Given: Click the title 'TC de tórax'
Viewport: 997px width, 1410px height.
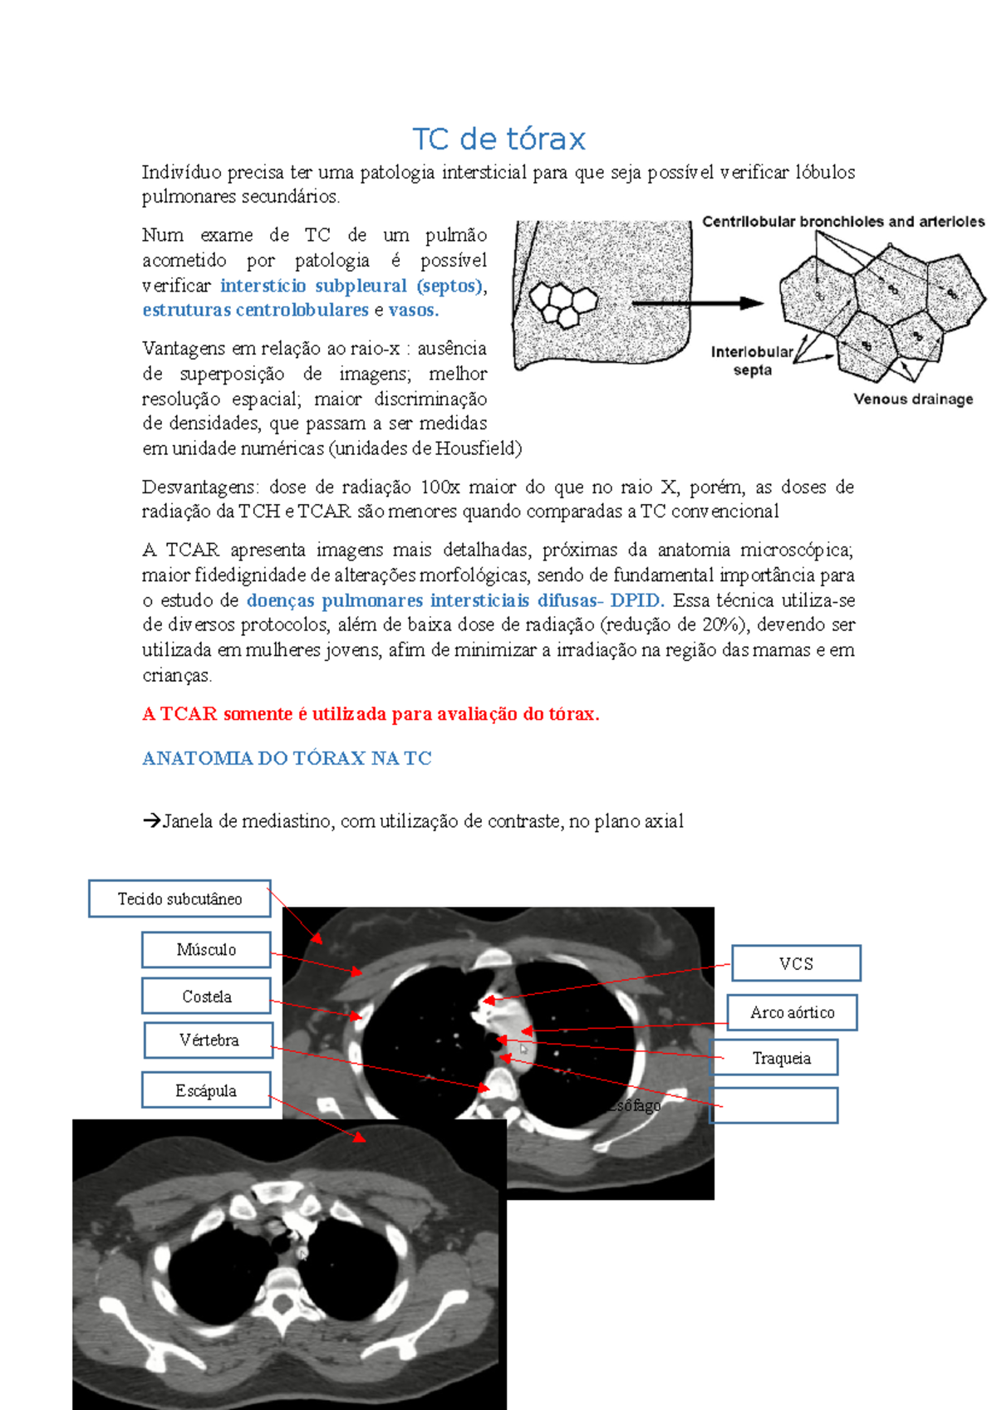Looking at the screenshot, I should (x=498, y=140).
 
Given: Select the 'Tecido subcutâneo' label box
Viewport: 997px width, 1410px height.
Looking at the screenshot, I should (x=179, y=898).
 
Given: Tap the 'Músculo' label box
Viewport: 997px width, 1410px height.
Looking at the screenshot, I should (x=206, y=950).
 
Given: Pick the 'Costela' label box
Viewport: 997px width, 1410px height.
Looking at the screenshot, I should (x=206, y=996).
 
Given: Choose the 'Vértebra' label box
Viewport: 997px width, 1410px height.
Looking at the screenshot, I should (x=209, y=1040).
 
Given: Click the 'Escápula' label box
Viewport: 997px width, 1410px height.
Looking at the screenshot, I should (x=206, y=1090).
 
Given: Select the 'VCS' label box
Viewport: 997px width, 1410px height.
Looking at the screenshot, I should (x=796, y=963).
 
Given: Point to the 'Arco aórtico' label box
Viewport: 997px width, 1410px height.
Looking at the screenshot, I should (x=792, y=1013).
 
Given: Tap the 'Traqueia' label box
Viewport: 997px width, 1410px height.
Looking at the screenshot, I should (x=781, y=1058).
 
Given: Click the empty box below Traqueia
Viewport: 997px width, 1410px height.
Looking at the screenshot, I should (x=774, y=1106).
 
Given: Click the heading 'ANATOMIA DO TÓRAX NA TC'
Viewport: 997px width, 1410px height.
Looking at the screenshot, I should (x=287, y=758).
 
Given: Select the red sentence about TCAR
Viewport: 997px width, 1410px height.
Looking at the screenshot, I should (x=371, y=714).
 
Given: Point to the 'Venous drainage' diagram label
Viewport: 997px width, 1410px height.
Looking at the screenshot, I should (x=913, y=399).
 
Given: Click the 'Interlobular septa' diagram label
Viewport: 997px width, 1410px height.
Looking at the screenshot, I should (x=752, y=361).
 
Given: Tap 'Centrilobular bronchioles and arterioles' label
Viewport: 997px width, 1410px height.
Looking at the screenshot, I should (x=843, y=222).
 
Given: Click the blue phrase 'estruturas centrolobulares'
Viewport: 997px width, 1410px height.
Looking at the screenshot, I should (x=255, y=311).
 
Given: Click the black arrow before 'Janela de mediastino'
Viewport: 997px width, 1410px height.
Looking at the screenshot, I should (x=151, y=821).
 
